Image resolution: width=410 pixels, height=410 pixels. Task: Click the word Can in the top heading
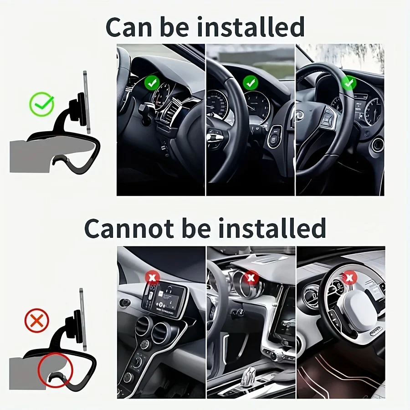pos(129,27)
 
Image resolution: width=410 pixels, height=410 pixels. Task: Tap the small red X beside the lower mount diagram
pos(36,321)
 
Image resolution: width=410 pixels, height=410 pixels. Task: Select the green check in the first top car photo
pos(152,83)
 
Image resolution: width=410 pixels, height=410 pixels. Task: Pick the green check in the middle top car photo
pos(250,82)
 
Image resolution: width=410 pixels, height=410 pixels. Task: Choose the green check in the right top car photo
pos(348,83)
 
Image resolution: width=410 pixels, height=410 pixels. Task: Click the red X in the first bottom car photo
pos(152,277)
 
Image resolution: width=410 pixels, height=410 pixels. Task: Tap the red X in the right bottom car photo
pos(349,277)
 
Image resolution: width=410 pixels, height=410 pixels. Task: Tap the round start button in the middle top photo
pos(273,139)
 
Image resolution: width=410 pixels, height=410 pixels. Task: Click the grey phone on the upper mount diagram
pos(86,102)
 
